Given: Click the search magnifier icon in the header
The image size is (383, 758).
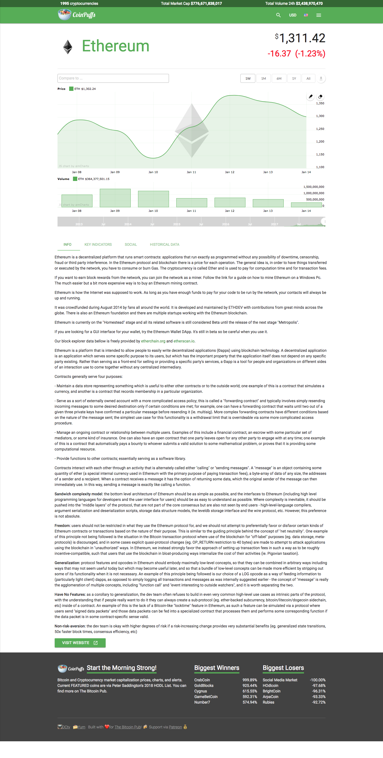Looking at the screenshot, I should pyautogui.click(x=278, y=15).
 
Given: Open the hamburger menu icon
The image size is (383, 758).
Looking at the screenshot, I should pyautogui.click(x=318, y=15).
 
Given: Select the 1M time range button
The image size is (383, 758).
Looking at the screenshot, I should pyautogui.click(x=263, y=78).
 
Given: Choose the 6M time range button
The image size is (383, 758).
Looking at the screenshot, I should pyautogui.click(x=279, y=78).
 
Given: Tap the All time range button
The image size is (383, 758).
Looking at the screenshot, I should pyautogui.click(x=308, y=78).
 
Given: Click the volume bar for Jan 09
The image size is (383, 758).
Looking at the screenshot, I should pyautogui.click(x=115, y=198).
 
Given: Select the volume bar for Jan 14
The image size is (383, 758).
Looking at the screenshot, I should pyautogui.click(x=307, y=205).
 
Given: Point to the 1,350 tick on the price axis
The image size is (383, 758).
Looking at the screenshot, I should pyautogui.click(x=320, y=103).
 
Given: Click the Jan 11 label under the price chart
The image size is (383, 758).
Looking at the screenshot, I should pyautogui.click(x=191, y=172).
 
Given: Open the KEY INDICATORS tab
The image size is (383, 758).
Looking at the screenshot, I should pyautogui.click(x=98, y=244).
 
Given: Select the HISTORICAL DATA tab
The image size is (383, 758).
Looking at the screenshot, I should pyautogui.click(x=164, y=244).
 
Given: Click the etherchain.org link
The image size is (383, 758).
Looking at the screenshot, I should pyautogui.click(x=153, y=341).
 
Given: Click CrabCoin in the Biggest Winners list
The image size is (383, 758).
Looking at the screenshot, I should pyautogui.click(x=202, y=680).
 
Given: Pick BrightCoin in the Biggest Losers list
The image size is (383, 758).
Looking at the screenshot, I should pyautogui.click(x=271, y=691).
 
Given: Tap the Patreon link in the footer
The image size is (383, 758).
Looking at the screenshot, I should pyautogui.click(x=175, y=727).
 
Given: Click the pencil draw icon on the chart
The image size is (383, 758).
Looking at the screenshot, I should pyautogui.click(x=311, y=96).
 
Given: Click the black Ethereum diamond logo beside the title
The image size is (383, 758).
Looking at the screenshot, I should pyautogui.click(x=68, y=47).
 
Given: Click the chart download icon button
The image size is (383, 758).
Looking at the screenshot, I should pyautogui.click(x=321, y=78).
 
